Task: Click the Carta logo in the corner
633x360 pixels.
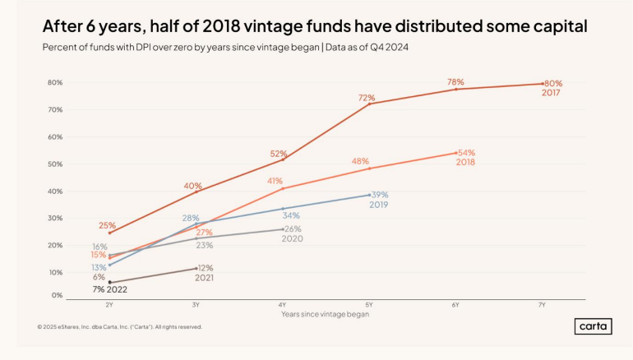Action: [x=592, y=326]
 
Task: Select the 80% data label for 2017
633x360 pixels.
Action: [x=553, y=83]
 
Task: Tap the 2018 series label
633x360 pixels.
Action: [x=466, y=163]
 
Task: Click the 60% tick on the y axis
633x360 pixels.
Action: [x=55, y=136]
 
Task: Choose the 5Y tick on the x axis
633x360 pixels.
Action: [x=369, y=304]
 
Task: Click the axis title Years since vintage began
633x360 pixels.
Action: [x=325, y=314]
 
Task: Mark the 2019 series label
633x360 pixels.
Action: [x=378, y=205]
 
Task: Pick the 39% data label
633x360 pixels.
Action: [x=380, y=195]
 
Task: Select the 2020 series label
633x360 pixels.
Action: [x=293, y=239]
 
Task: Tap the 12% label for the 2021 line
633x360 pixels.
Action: [x=205, y=268]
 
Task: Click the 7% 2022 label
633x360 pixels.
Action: [x=109, y=289]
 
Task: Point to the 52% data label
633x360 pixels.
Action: [x=279, y=154]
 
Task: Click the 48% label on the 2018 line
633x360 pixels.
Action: [x=360, y=161]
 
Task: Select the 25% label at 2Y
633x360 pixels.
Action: [x=107, y=225]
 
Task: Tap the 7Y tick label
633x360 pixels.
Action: [x=543, y=304]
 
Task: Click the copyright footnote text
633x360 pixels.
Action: [x=119, y=327]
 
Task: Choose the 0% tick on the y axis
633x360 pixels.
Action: [x=58, y=295]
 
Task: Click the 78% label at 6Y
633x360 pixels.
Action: [x=455, y=82]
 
